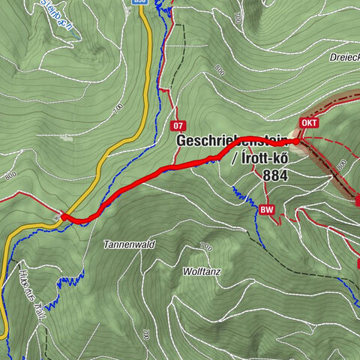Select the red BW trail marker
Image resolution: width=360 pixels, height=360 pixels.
pyautogui.click(x=266, y=211)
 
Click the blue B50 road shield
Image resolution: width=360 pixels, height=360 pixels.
pyautogui.click(x=139, y=2)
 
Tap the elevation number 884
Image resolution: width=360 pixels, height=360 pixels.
pyautogui.click(x=276, y=175)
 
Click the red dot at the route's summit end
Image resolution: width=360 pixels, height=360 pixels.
pyautogui.click(x=296, y=141)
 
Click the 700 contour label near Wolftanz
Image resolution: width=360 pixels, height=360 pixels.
pyautogui.click(x=205, y=247)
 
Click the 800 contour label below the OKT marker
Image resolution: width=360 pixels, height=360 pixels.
pyautogui.click(x=341, y=163)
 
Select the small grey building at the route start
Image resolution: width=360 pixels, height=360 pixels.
pyautogui.click(x=57, y=219)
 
